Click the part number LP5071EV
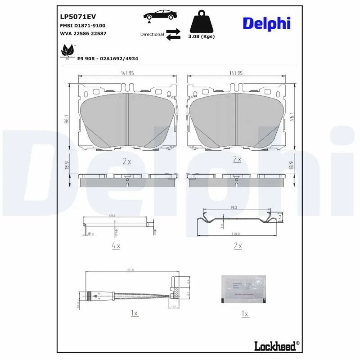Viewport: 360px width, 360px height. click(x=78, y=17)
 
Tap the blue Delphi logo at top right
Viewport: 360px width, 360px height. click(x=266, y=23)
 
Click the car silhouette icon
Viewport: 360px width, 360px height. click(x=160, y=15)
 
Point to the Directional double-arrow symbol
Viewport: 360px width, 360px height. click(x=173, y=34)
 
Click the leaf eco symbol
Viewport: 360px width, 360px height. click(x=68, y=50)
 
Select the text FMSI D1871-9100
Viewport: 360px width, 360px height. click(x=82, y=26)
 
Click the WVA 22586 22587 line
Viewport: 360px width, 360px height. click(x=83, y=34)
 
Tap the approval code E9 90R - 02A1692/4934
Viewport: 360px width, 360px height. click(x=108, y=58)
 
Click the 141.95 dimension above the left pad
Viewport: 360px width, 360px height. click(x=127, y=73)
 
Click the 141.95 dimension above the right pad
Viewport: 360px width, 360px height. click(x=236, y=73)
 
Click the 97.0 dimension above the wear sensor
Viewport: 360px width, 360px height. click(x=130, y=270)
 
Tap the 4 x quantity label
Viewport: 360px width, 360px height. click(x=116, y=246)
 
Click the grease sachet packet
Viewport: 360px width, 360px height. click(x=243, y=288)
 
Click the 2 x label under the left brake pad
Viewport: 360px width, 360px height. click(x=126, y=161)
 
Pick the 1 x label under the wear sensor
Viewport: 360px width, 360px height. click(x=134, y=313)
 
